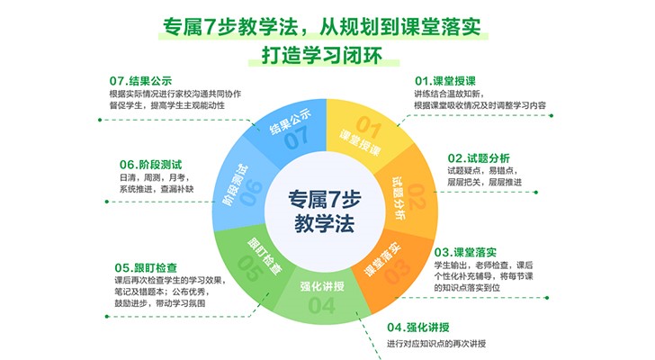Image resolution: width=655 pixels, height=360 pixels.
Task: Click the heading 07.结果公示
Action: tap(140, 81)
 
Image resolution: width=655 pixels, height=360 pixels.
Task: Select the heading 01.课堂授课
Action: tap(444, 81)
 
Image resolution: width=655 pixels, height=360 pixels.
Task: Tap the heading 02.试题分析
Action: tap(479, 158)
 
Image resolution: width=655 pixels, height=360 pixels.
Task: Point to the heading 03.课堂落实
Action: tap(465, 252)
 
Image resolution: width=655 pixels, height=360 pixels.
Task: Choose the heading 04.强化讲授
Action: tap(418, 327)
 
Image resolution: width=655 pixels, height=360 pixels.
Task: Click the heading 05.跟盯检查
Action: tap(146, 267)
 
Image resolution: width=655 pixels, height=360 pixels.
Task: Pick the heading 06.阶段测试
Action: tap(151, 165)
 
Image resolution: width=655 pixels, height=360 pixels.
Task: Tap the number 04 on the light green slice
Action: tap(322, 305)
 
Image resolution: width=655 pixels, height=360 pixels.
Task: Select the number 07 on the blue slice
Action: tap(297, 139)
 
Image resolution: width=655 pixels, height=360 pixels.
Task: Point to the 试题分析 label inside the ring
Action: tap(399, 198)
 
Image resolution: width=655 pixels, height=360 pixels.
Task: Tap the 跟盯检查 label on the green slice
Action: tap(265, 256)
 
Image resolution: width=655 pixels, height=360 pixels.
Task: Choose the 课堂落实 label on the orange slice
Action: tap(382, 259)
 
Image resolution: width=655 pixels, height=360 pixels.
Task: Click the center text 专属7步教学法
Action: tap(325, 211)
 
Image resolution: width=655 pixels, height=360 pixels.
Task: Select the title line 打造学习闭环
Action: tap(322, 55)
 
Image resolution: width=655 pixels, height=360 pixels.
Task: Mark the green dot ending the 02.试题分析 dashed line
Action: tap(536, 193)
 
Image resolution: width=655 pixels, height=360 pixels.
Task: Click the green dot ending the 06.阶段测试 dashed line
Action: tap(107, 202)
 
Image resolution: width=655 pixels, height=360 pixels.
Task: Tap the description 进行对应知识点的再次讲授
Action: tap(436, 344)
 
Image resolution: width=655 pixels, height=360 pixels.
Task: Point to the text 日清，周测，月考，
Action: tap(155, 177)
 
